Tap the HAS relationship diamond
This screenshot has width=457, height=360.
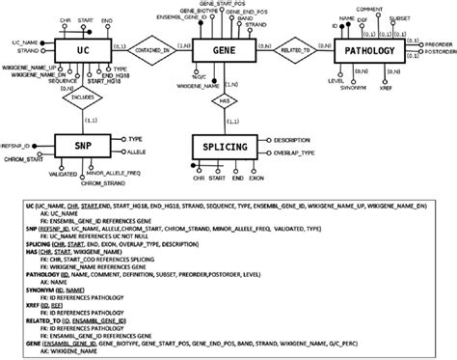click(x=223, y=99)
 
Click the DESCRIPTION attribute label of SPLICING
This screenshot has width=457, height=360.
click(x=302, y=136)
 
